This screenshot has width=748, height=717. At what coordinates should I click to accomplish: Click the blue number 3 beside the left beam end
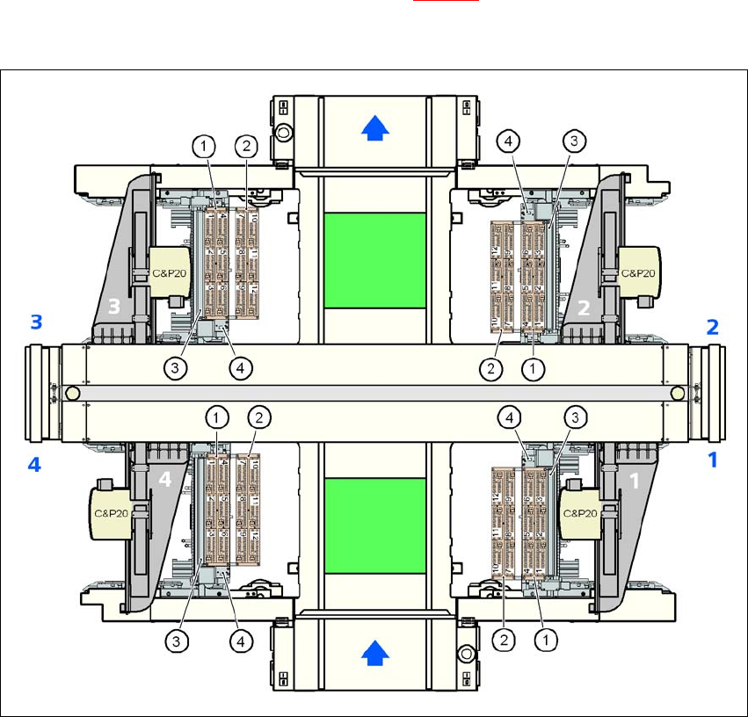click(36, 322)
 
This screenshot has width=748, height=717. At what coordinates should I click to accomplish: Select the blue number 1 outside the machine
click(714, 459)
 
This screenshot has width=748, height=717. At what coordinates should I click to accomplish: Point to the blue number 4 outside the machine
click(34, 465)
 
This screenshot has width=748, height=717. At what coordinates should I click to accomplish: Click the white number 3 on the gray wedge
click(114, 305)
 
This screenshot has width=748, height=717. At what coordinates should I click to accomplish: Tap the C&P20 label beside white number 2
click(637, 272)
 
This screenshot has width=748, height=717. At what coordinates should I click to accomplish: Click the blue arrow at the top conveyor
click(375, 130)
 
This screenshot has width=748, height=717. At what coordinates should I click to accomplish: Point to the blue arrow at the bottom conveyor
click(375, 653)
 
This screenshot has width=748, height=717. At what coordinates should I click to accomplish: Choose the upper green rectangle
click(375, 260)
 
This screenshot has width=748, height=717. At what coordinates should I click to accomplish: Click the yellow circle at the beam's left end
click(73, 393)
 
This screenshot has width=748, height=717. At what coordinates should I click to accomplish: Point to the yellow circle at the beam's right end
click(678, 393)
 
